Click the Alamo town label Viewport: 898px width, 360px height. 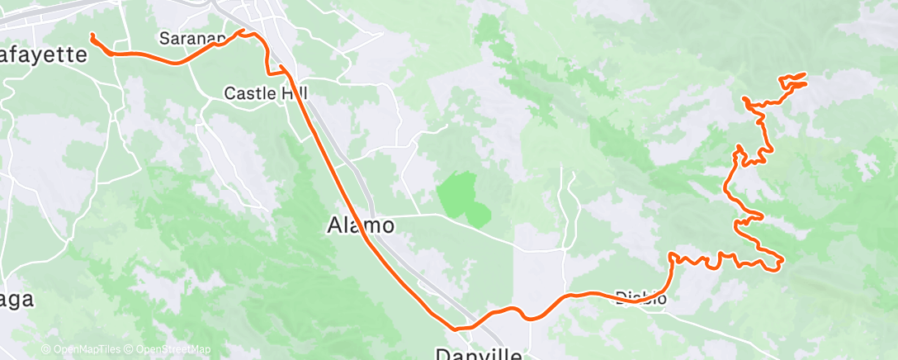(360, 225)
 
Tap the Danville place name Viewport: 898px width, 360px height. (479, 354)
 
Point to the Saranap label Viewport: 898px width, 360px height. (192, 39)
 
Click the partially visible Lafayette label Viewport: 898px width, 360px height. (43, 55)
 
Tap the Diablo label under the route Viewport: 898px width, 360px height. (641, 298)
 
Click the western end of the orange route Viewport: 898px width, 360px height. (92, 36)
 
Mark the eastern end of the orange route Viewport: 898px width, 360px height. (804, 75)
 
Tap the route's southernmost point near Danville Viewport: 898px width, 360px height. (455, 329)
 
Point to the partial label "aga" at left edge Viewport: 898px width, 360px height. (17, 301)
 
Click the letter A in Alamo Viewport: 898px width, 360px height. (335, 225)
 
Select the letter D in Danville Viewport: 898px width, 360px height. (443, 354)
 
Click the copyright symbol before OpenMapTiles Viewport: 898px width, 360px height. (46, 349)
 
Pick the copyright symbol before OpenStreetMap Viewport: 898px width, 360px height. (129, 349)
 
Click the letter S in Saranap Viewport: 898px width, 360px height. (164, 39)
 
